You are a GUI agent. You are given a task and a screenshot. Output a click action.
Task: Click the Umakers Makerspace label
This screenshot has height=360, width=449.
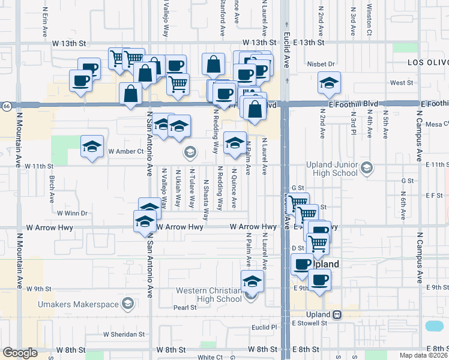82,305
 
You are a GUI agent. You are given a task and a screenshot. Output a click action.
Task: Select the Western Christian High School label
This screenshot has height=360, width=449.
209,295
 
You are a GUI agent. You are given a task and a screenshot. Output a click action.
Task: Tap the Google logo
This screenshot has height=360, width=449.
20,353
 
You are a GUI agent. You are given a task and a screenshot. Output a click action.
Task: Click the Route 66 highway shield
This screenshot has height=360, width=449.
5,106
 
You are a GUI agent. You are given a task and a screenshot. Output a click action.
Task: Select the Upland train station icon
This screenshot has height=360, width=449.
338,314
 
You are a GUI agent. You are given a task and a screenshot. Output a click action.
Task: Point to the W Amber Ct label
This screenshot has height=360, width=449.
125,151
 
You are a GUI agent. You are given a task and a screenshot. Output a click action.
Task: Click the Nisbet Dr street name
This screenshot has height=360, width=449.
322,64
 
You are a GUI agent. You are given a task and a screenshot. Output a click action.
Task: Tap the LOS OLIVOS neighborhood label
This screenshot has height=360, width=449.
427,62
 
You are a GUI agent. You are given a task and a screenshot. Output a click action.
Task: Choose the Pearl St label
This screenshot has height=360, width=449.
185,308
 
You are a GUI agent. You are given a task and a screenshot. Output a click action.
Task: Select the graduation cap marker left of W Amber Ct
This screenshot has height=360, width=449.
92,148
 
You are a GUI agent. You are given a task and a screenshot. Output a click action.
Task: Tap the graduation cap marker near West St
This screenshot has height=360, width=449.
329,83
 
